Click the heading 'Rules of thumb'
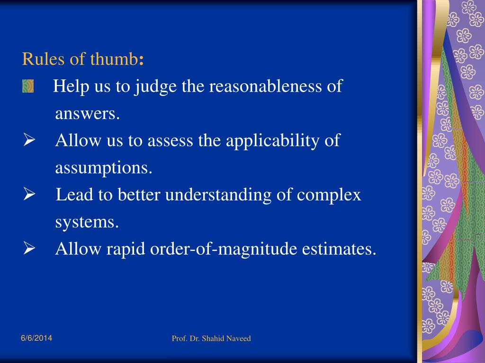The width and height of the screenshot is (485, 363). (x=83, y=60)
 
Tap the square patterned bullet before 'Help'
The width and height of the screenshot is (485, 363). (x=28, y=86)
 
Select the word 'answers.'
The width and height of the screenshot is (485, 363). (x=88, y=114)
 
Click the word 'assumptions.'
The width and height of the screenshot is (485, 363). (x=104, y=168)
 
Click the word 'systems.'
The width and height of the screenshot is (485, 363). (x=87, y=222)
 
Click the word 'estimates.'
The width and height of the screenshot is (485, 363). (x=339, y=249)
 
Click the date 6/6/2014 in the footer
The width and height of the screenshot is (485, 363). (x=36, y=338)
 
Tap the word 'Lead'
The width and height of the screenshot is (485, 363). (x=71, y=195)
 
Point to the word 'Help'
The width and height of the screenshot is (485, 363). (x=69, y=86)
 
